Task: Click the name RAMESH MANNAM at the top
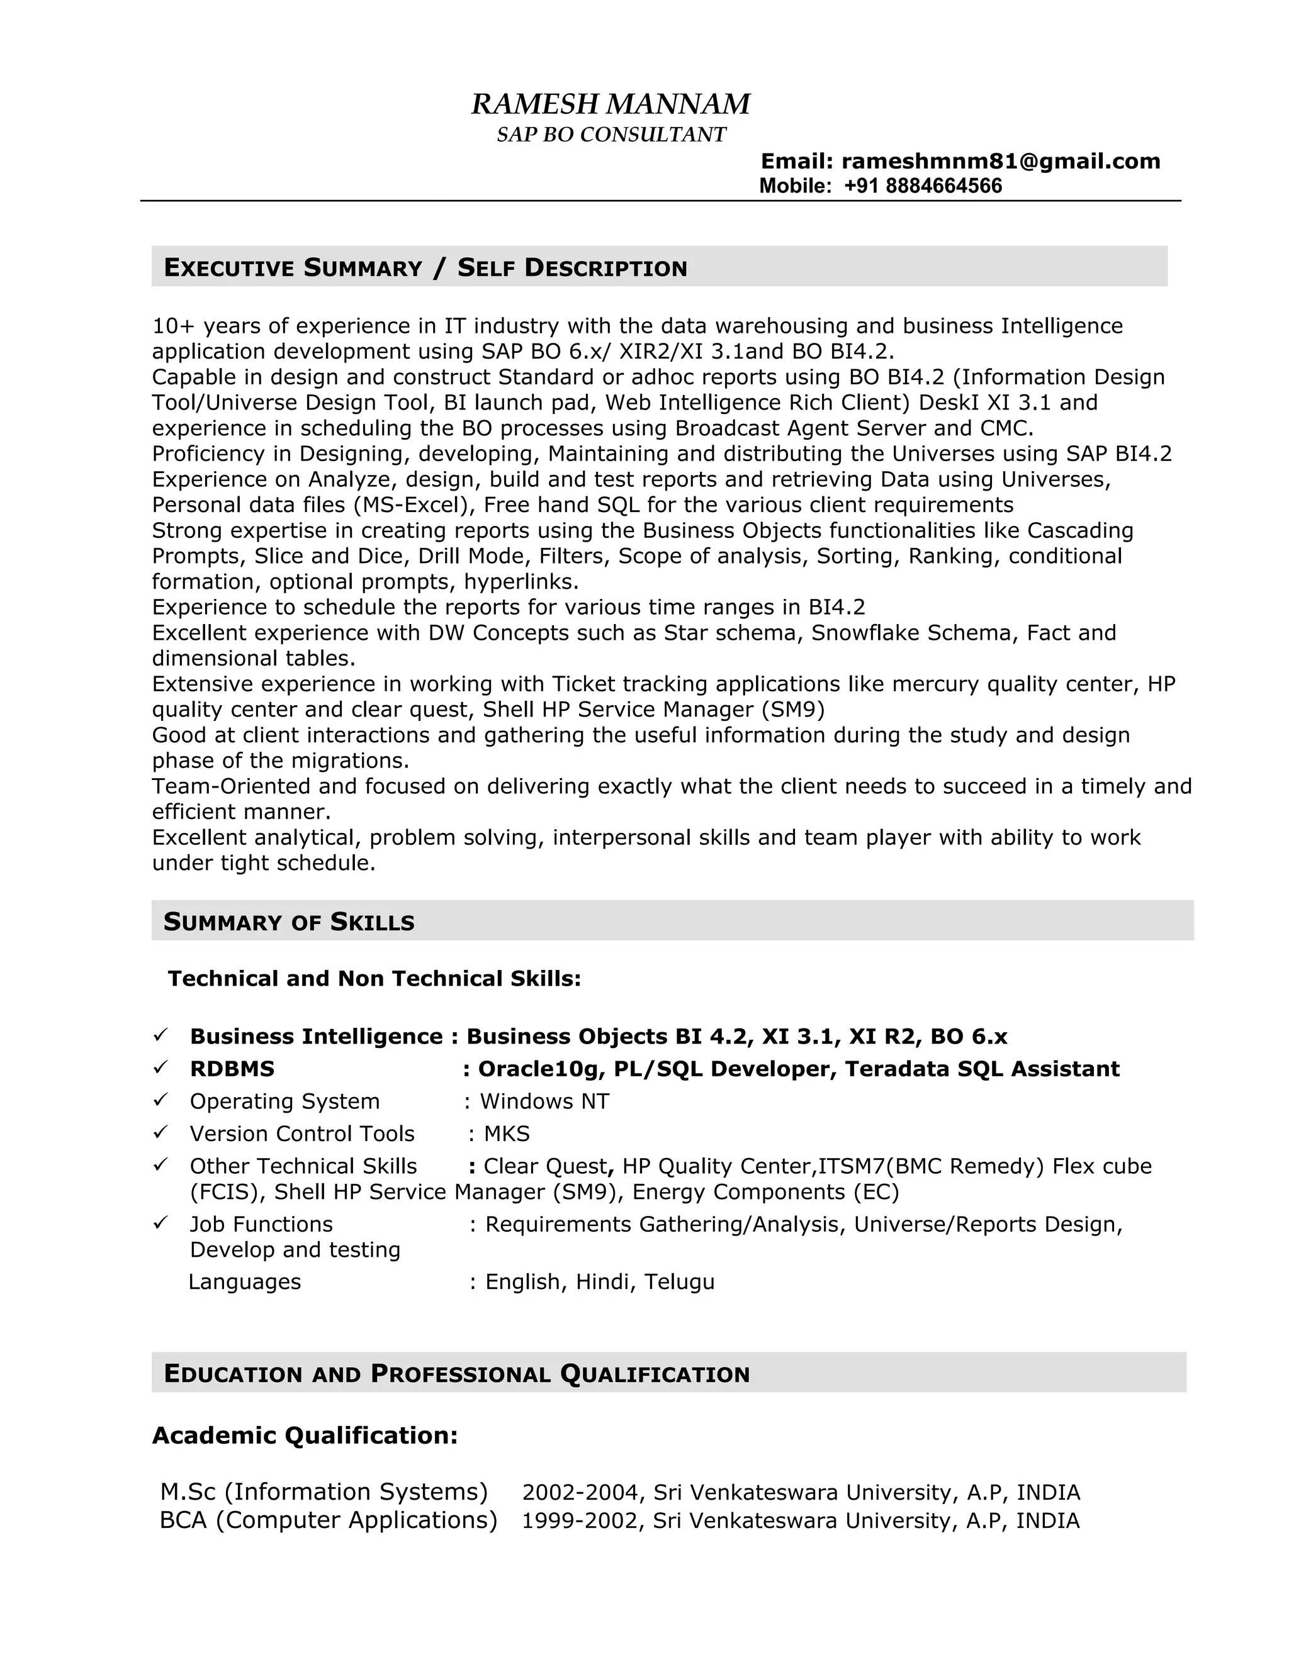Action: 610,104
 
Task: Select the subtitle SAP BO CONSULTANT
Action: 611,135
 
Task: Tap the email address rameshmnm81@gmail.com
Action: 1000,161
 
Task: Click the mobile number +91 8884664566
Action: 923,186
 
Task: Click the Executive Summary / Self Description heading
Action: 425,268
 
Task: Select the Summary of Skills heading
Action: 289,922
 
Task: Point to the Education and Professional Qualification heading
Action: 457,1374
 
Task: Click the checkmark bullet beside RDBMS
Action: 160,1068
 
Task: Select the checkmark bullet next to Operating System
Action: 160,1100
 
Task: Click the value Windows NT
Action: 544,1101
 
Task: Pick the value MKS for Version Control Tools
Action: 506,1134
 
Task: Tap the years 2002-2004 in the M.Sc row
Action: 581,1492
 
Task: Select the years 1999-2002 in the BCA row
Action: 581,1520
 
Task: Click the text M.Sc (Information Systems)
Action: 324,1491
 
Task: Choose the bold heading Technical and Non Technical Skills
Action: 374,979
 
